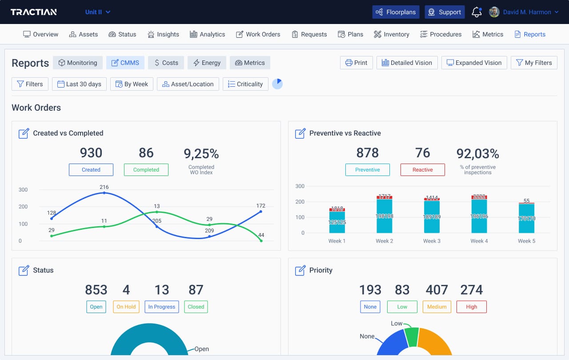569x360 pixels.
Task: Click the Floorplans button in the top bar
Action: tap(396, 12)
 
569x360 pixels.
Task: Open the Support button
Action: tap(445, 12)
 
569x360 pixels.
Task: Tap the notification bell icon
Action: tap(477, 12)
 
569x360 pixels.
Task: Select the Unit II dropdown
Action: tap(98, 12)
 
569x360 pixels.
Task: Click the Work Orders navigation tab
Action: tap(258, 34)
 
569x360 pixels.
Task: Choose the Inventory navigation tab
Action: tap(391, 34)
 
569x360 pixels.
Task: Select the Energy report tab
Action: tap(207, 63)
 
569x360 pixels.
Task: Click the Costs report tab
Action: tap(166, 63)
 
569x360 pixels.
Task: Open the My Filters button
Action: tap(533, 63)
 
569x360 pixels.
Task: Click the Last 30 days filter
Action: tap(79, 84)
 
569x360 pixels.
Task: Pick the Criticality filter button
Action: tap(245, 84)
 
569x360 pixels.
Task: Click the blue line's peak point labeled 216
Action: tap(104, 193)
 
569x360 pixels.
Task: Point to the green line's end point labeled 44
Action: tap(261, 241)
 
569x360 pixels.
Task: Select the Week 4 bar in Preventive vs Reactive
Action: tap(479, 216)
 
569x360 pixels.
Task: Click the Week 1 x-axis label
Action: tap(337, 241)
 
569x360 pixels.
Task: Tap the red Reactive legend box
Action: tap(422, 170)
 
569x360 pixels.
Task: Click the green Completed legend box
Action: tap(146, 170)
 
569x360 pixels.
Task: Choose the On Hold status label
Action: tap(126, 307)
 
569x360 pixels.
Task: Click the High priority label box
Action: tap(471, 307)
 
